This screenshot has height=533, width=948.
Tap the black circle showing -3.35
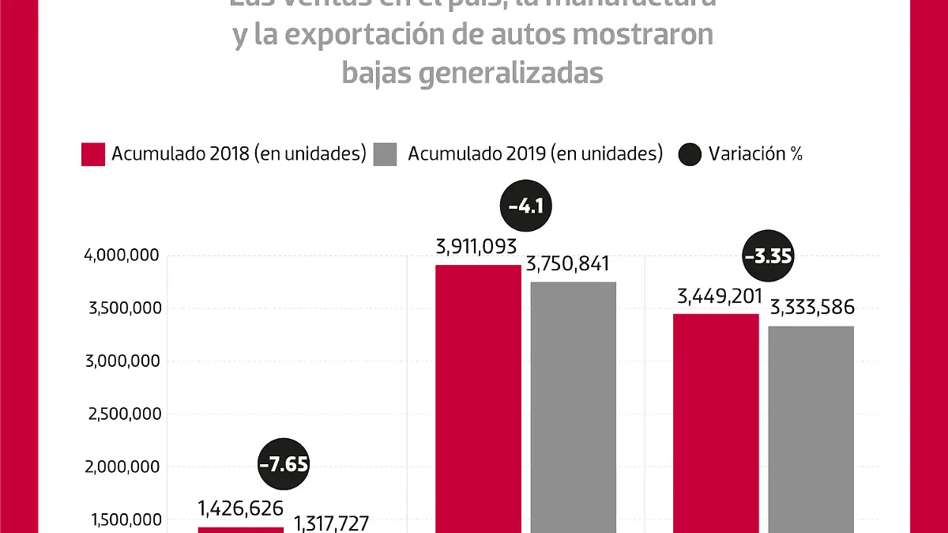(x=768, y=257)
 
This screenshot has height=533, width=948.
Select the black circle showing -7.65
(x=284, y=463)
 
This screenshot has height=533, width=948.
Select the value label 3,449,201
(x=720, y=297)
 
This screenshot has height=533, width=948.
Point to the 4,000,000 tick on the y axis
(x=121, y=255)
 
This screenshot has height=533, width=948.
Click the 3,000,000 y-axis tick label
(x=121, y=361)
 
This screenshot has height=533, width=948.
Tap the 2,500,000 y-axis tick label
(x=121, y=414)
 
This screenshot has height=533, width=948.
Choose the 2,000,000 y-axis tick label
(x=121, y=467)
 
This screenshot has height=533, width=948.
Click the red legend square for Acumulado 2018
(x=93, y=154)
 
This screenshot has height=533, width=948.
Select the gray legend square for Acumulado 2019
(x=385, y=154)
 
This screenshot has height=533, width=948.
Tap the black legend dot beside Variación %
(x=690, y=154)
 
